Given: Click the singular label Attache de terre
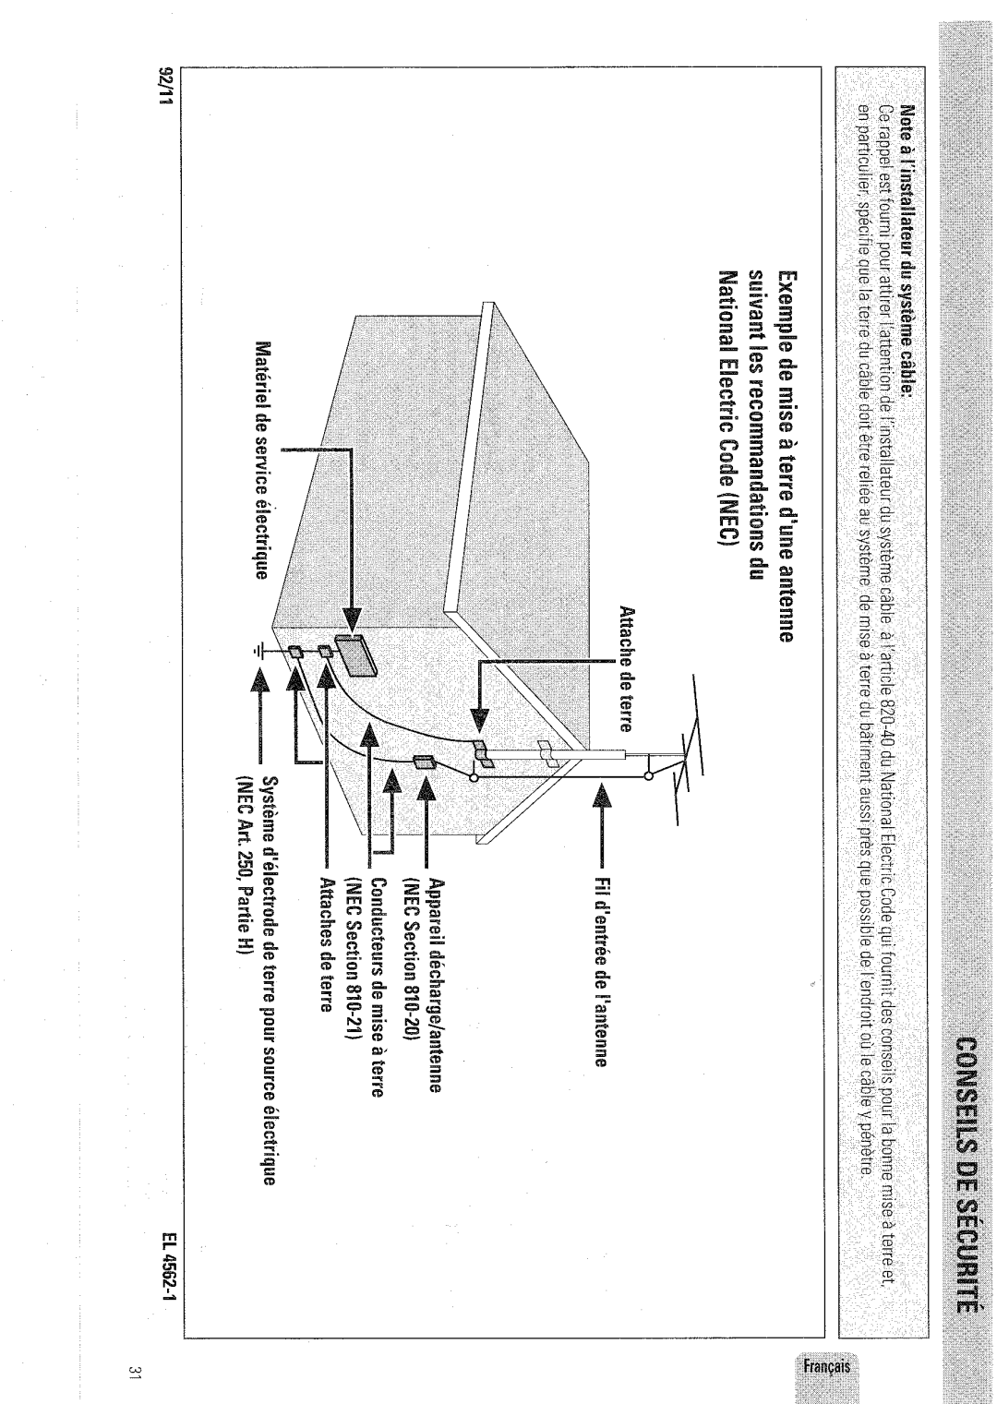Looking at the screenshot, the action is pyautogui.click(x=625, y=668).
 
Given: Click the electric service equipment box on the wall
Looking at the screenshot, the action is pyautogui.click(x=354, y=655).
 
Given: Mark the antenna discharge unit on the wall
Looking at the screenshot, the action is pyautogui.click(x=423, y=762).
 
